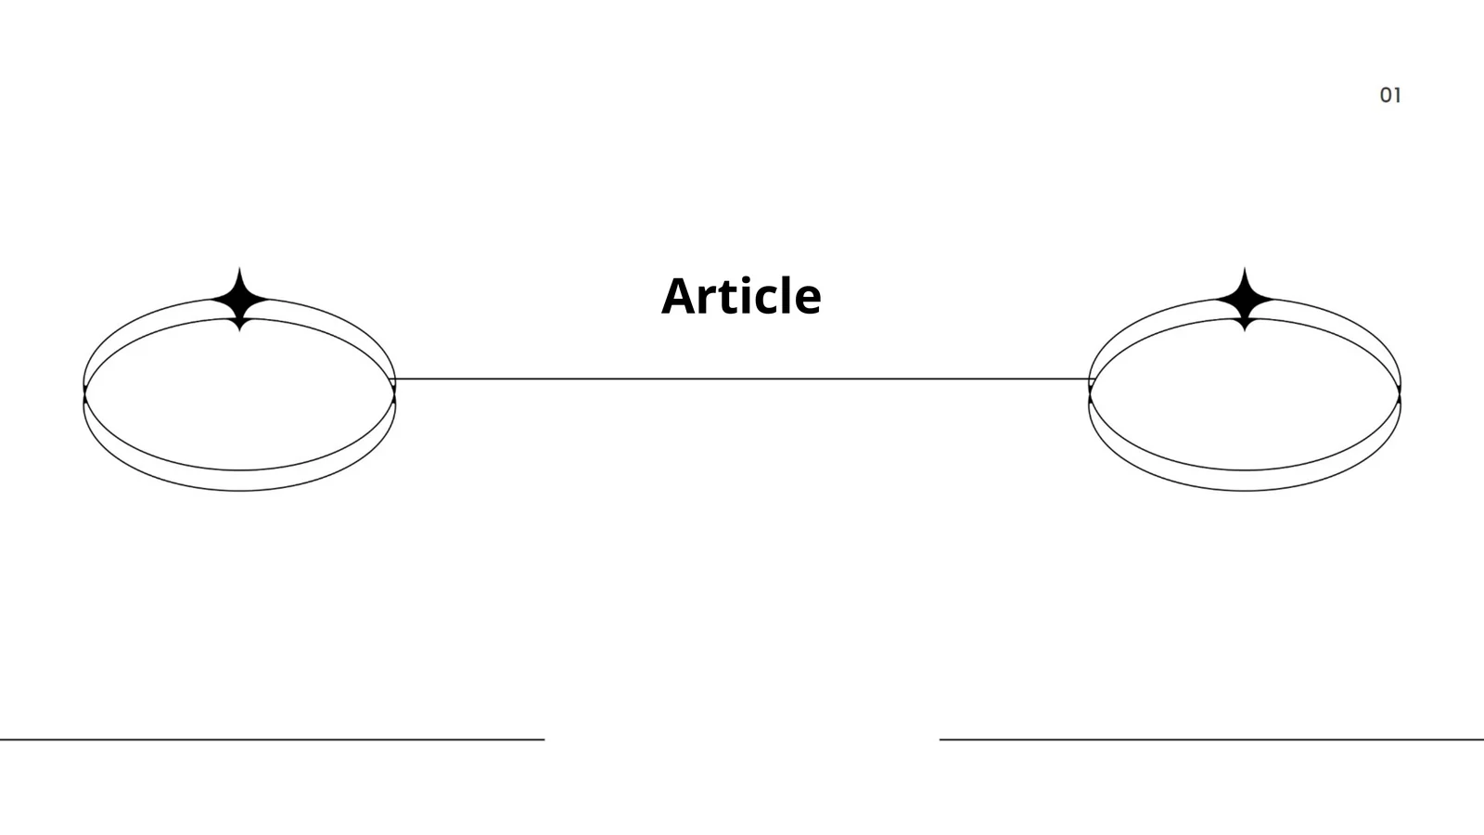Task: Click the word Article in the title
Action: tap(741, 296)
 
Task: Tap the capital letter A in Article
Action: tap(681, 296)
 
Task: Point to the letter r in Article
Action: tap(714, 301)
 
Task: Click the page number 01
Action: tap(1390, 96)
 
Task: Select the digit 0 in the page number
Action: tap(1386, 96)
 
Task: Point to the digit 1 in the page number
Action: tap(1398, 96)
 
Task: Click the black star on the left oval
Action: tap(240, 300)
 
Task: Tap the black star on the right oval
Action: tap(1245, 300)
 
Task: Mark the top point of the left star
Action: tap(240, 268)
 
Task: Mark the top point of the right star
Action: tap(1245, 268)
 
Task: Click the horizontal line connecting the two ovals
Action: tap(742, 379)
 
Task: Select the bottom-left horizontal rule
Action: tap(273, 739)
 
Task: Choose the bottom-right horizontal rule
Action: tap(1211, 739)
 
